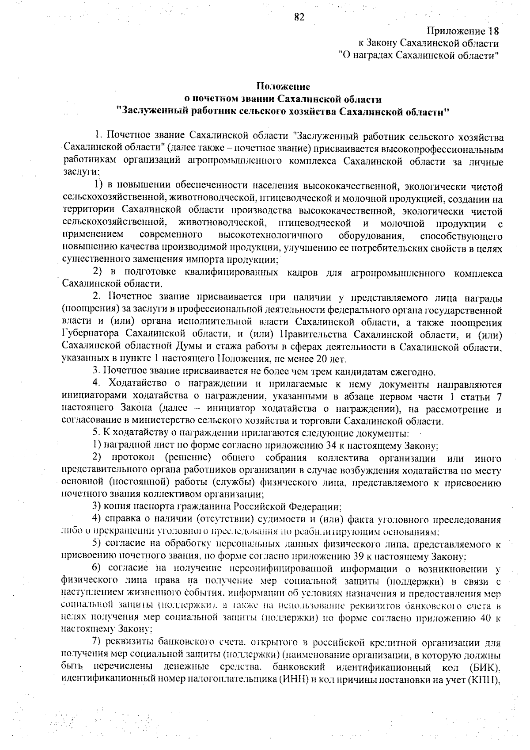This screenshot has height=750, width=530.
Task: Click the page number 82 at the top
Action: point(299,17)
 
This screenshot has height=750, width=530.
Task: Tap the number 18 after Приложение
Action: point(493,31)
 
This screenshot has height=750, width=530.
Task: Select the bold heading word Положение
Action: point(283,86)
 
